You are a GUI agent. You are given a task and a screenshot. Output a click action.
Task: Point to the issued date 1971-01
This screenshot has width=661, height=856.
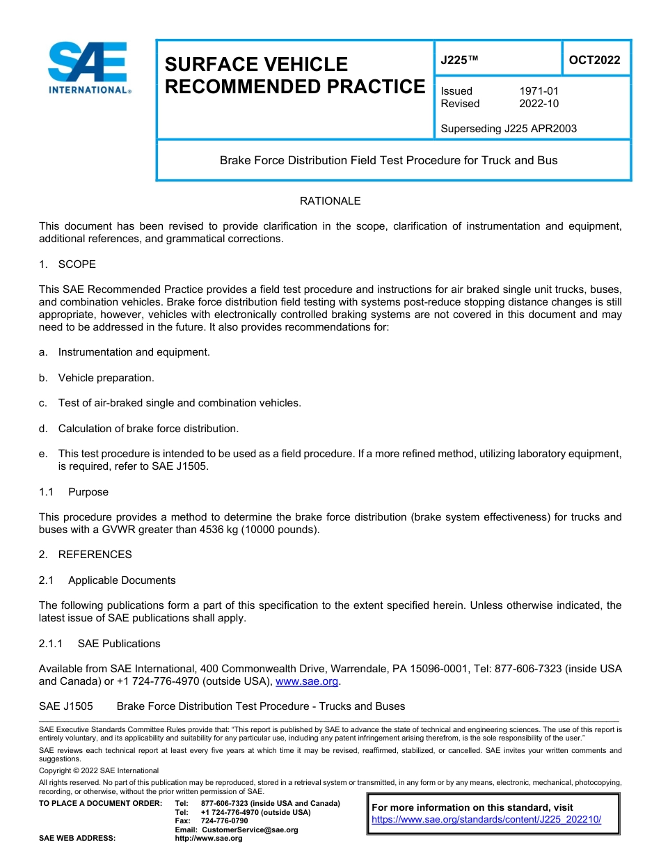point(539,91)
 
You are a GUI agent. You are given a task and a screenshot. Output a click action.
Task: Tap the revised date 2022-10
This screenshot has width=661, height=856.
point(539,104)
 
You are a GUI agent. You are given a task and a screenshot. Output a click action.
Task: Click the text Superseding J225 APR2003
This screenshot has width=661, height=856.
point(509,128)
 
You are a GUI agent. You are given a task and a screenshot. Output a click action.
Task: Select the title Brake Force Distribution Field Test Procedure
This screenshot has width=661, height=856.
point(388,160)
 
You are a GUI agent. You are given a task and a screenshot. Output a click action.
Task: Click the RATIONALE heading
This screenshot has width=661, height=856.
point(330,201)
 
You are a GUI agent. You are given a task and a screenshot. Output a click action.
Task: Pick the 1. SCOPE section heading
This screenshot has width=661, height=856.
point(67,264)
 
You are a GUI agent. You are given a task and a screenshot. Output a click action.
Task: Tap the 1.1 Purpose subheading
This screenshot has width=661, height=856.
point(74,492)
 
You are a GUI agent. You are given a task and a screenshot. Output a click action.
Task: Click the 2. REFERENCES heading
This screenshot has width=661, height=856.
point(85,555)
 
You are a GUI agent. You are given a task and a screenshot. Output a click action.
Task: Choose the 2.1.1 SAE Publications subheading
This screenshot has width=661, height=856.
point(99,644)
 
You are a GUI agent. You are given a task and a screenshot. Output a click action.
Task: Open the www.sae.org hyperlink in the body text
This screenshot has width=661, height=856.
point(307,682)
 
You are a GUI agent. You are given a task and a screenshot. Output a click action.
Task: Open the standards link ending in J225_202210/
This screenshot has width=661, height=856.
point(486,819)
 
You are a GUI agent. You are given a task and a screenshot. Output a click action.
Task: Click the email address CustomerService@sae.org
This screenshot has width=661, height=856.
point(249,830)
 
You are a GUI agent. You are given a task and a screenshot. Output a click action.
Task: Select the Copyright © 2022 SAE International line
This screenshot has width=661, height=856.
point(99,770)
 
